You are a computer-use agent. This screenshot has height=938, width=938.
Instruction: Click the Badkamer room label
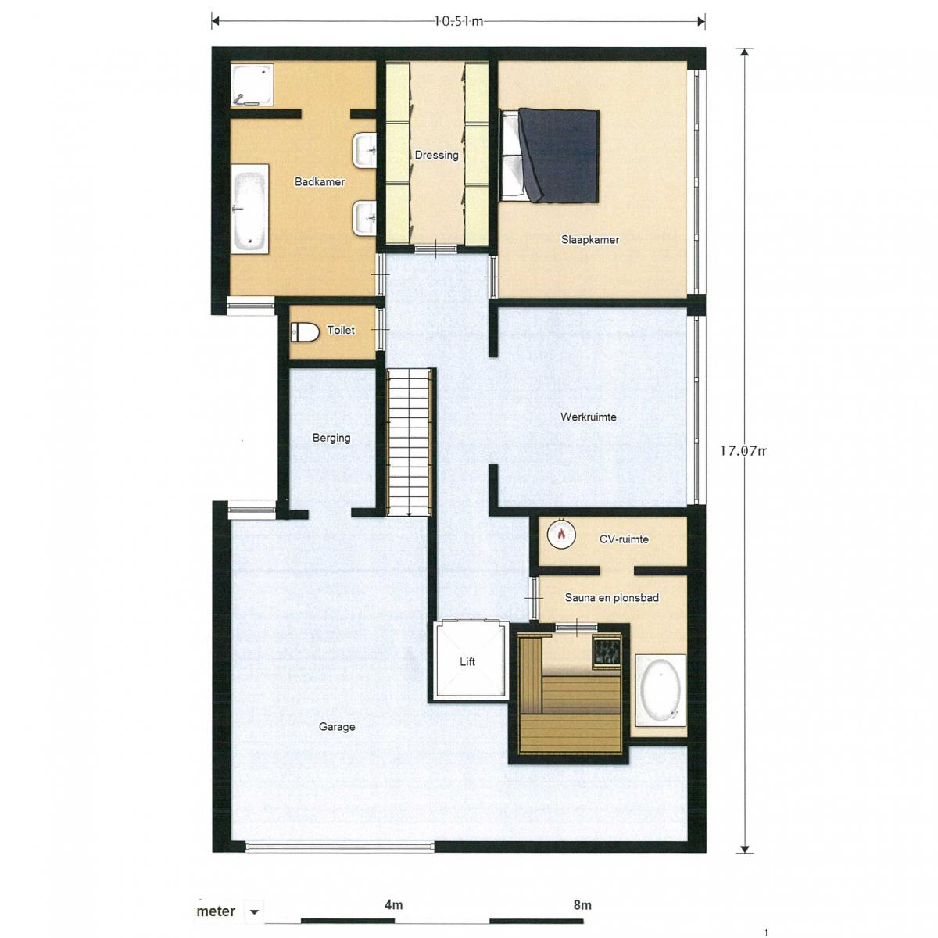pyautogui.click(x=320, y=182)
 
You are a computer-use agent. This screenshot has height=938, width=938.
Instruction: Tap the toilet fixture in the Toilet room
pyautogui.click(x=304, y=332)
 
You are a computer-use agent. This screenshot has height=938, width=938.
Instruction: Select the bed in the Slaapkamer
pyautogui.click(x=550, y=156)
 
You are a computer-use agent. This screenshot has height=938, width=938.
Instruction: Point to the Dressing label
pyautogui.click(x=436, y=156)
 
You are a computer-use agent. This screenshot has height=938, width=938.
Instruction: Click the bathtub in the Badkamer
pyautogui.click(x=249, y=209)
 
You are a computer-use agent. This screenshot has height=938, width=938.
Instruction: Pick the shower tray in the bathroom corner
pyautogui.click(x=252, y=84)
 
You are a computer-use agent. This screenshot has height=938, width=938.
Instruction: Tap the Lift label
pyautogui.click(x=467, y=661)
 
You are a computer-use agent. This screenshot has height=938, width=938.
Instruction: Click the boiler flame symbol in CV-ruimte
pyautogui.click(x=561, y=535)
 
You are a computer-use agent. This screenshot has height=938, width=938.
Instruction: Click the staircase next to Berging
pyautogui.click(x=410, y=442)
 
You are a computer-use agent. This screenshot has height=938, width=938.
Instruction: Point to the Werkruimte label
pyautogui.click(x=588, y=417)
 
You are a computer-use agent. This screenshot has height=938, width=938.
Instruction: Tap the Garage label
pyautogui.click(x=337, y=727)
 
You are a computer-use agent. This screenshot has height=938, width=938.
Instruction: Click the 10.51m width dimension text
pyautogui.click(x=458, y=21)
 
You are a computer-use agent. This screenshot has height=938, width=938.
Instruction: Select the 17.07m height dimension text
pyautogui.click(x=743, y=451)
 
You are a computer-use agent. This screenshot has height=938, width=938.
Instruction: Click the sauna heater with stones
pyautogui.click(x=607, y=650)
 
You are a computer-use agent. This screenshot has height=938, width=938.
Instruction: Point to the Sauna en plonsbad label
pyautogui.click(x=611, y=598)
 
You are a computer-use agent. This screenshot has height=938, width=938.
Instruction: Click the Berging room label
pyautogui.click(x=331, y=438)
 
